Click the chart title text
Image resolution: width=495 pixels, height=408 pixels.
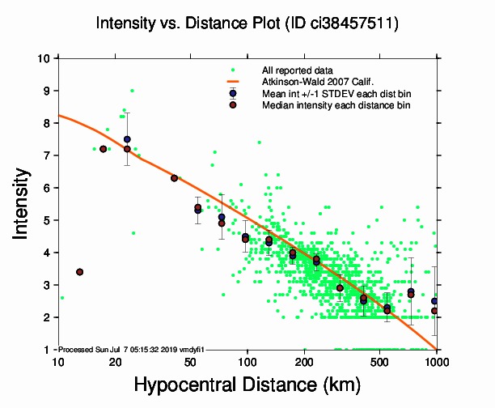click(x=247, y=25)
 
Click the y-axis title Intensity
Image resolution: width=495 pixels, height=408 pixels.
click(x=24, y=202)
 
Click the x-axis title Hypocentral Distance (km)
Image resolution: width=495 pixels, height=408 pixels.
click(x=247, y=385)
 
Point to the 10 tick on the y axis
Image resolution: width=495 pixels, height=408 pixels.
click(x=45, y=58)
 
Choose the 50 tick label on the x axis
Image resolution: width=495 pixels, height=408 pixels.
click(x=190, y=362)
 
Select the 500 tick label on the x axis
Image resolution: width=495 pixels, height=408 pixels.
click(x=380, y=362)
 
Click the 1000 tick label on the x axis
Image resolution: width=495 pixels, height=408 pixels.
click(x=437, y=362)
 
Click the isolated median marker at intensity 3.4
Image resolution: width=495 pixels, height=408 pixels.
click(x=79, y=272)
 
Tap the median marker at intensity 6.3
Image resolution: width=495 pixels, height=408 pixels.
click(x=174, y=178)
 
